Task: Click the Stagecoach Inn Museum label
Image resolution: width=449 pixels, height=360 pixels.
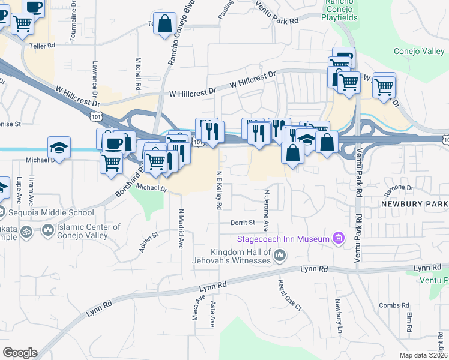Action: click(283, 239)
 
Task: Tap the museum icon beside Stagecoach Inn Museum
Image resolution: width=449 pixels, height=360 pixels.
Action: click(339, 239)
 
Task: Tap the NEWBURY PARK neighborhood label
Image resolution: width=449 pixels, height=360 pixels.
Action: click(414, 205)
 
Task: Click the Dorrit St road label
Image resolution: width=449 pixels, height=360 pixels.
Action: click(243, 223)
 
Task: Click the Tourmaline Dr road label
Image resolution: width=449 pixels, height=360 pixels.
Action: click(72, 22)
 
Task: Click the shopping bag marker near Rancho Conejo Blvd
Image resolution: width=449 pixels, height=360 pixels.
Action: click(164, 25)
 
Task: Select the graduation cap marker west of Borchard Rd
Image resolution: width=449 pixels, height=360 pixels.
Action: click(59, 148)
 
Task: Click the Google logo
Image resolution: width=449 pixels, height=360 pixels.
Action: click(19, 353)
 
